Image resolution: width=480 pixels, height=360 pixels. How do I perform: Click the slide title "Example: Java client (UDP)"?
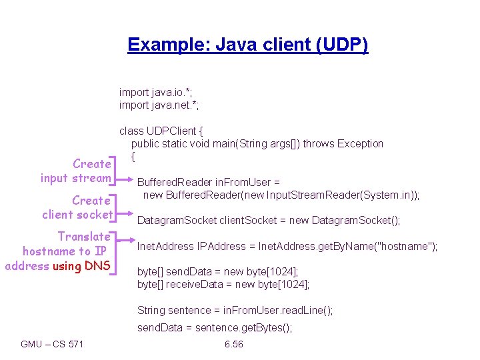tap(247, 45)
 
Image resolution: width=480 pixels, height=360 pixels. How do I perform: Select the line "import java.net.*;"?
tap(159, 105)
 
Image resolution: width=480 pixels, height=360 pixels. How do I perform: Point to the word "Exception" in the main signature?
tap(360, 143)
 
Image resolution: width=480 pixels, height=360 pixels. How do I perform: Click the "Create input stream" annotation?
tap(75, 171)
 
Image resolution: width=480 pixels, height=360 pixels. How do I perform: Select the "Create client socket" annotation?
tap(77, 207)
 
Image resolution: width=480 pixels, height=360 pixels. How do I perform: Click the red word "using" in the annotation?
tap(67, 266)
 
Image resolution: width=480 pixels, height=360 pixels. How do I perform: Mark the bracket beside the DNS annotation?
tap(114, 252)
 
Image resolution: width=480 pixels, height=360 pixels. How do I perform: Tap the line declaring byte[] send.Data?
tap(217, 272)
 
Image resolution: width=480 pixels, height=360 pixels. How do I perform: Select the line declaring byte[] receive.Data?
tap(223, 285)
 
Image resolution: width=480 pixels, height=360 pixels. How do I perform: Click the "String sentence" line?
tap(235, 310)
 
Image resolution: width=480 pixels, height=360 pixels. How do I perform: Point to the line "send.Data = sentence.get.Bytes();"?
tap(215, 327)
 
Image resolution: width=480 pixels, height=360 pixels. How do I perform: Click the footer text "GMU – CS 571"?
tap(52, 344)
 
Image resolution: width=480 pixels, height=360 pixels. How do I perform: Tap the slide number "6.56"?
tap(234, 344)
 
